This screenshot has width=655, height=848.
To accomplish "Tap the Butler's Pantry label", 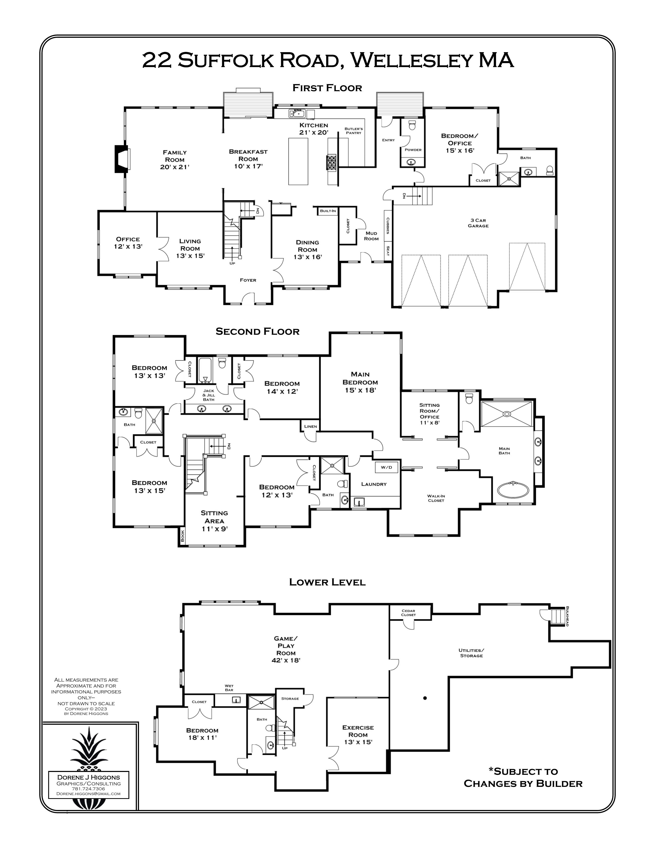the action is point(353,131).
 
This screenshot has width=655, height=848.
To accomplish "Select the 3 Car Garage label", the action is point(478,223).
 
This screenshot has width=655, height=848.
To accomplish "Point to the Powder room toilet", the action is point(412,125).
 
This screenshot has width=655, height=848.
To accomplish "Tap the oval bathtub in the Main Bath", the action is point(513,490).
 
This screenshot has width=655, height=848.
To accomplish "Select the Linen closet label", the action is point(311,426).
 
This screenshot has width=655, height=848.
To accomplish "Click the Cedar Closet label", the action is point(408,613).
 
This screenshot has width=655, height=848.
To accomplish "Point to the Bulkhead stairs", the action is point(558,616).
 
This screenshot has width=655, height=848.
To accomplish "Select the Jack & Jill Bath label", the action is point(209,395).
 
